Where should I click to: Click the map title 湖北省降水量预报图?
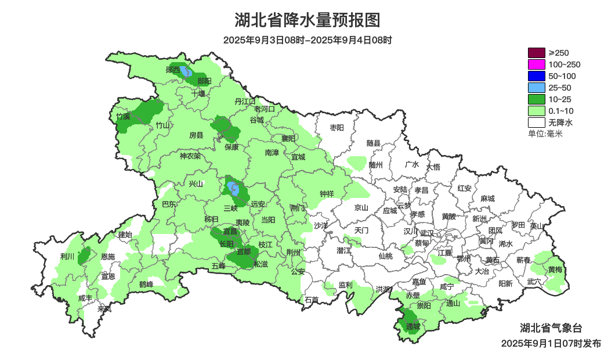tap(307, 21)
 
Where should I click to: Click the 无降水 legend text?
tap(560, 123)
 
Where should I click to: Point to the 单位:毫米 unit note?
tap(545, 134)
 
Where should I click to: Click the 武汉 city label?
tap(427, 232)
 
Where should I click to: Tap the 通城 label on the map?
tap(413, 327)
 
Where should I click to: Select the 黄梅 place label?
tap(555, 270)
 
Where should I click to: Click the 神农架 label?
tap(190, 156)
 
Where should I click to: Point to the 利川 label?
tap(67, 256)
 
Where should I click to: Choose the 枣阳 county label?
tap(337, 127)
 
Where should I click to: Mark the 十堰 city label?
tap(198, 93)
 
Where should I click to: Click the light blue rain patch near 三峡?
tap(233, 189)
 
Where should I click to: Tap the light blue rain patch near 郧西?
tap(186, 71)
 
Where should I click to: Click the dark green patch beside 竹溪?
tap(148, 110)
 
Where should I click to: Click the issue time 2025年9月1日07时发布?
tap(551, 344)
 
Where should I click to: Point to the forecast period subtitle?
tap(307, 40)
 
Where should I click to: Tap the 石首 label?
tap(312, 300)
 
